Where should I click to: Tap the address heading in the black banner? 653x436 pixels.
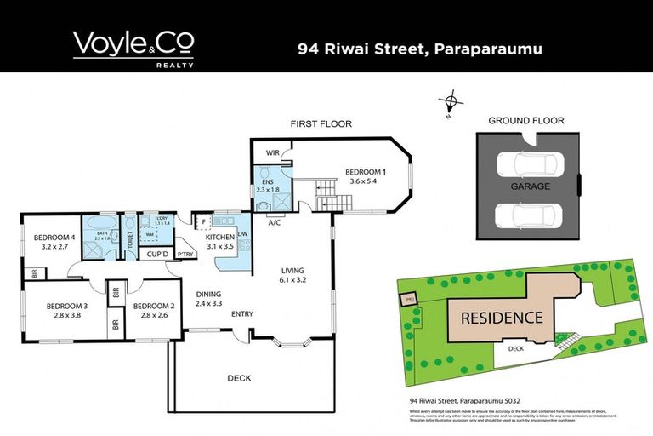(x=420, y=49)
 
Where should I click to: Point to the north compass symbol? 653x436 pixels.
(x=451, y=102)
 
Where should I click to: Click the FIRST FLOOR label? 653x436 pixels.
(x=321, y=124)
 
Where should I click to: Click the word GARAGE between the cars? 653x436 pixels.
(x=530, y=186)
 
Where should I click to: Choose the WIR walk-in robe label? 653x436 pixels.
(x=273, y=153)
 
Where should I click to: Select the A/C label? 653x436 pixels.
(x=275, y=222)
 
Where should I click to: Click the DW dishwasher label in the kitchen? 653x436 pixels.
(x=243, y=234)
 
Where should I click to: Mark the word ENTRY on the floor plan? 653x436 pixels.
(x=242, y=314)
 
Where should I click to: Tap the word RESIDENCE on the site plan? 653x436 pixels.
(x=502, y=318)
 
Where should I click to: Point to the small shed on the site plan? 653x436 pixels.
(x=408, y=299)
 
